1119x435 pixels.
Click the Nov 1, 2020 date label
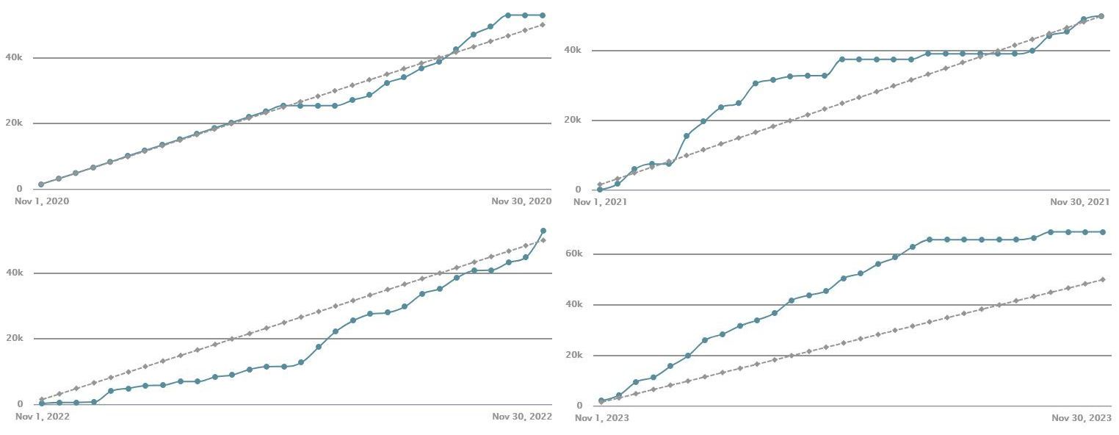[42, 201]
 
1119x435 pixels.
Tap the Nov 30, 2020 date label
[521, 201]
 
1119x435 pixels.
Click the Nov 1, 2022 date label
[42, 417]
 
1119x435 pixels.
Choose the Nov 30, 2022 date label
[521, 417]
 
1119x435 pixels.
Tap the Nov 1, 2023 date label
[601, 418]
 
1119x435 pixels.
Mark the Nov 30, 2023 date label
[1081, 418]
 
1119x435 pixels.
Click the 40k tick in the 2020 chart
[14, 57]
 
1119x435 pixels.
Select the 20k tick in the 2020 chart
[14, 123]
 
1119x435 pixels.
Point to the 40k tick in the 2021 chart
[572, 50]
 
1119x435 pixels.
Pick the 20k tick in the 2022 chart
[14, 338]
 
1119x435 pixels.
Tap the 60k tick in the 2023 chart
[573, 254]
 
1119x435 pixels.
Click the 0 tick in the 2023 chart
[579, 406]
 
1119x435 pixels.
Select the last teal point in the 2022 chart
[543, 231]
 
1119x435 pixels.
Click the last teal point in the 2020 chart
[543, 15]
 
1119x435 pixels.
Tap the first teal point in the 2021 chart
[600, 190]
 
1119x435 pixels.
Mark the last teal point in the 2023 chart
[1102, 232]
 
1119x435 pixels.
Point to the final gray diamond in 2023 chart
[1102, 279]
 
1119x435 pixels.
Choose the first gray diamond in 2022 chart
[41, 400]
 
